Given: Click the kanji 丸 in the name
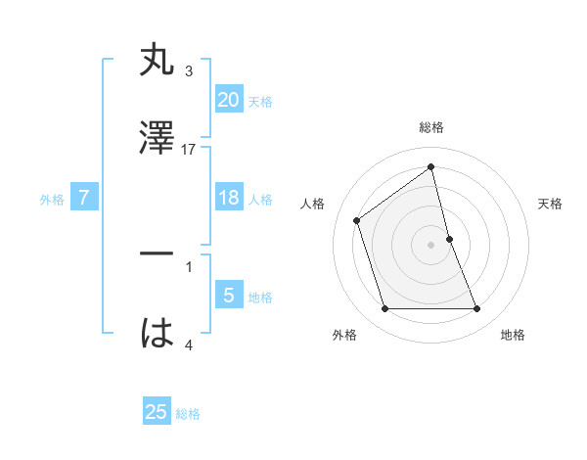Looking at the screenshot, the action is [158, 62].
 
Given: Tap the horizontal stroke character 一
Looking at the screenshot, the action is [158, 255].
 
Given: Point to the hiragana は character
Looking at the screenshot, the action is [158, 333].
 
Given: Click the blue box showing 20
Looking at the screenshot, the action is [228, 100].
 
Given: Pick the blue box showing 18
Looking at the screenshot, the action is [228, 198].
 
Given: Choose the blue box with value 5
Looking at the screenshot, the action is [228, 296].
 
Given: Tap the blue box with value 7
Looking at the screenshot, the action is [84, 199].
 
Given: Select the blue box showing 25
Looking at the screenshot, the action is [157, 412].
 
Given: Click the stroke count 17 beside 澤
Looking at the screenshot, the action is [190, 149].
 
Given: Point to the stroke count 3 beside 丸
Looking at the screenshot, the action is [189, 71].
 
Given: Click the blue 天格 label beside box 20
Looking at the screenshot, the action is [260, 102].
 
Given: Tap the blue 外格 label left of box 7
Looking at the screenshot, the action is [52, 200].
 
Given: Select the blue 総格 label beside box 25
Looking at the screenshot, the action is [188, 414].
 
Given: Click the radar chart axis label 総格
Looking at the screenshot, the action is [431, 127].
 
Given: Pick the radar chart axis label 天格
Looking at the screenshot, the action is [551, 204].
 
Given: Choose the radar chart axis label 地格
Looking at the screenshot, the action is [513, 335].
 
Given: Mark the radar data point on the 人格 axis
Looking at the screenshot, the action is [357, 220].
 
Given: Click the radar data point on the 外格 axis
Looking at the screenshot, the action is [384, 309].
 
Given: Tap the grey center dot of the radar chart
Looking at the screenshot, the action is [431, 244].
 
